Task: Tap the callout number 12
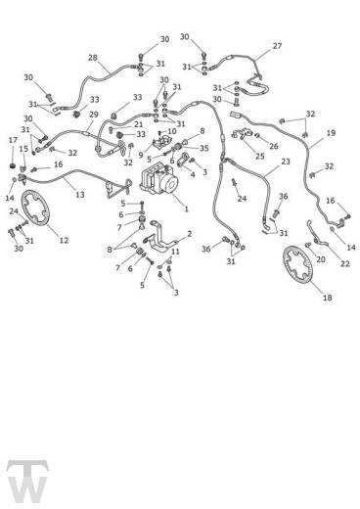pos(64,240)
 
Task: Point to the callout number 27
pos(277,46)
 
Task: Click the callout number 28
pos(93,58)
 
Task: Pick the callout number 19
pos(331,133)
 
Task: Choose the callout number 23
pos(286,162)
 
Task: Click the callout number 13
pos(80,195)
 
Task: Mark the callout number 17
pos(13,140)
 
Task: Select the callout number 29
pos(94,115)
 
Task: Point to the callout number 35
pos(204,148)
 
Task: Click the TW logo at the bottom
pos(27,482)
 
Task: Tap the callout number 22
pos(344,263)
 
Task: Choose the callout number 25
pos(259,156)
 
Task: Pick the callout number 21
pos(139,124)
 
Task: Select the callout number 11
pos(175,252)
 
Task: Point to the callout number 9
pos(141,156)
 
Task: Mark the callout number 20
pos(321,259)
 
